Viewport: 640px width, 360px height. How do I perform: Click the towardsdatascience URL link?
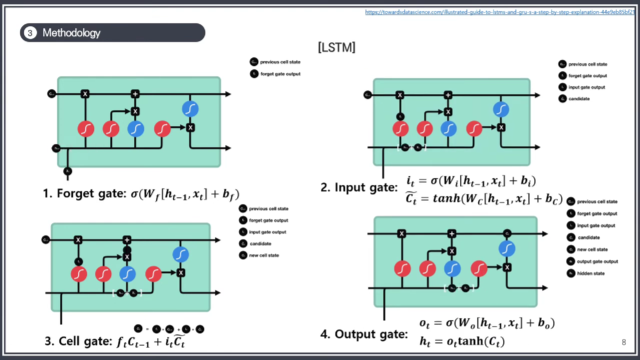pos(499,12)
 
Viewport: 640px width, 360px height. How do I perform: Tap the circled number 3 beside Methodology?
pos(30,33)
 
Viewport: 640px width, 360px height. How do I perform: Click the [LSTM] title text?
pos(337,47)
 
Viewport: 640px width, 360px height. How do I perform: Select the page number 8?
pos(624,342)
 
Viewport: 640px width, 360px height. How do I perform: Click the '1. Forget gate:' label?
pos(85,194)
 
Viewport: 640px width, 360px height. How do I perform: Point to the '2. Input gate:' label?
pos(359,188)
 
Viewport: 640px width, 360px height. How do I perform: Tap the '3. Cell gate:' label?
pos(79,341)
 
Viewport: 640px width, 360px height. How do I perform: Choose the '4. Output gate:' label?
pos(364,334)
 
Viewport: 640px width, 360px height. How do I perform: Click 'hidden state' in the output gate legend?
pos(591,274)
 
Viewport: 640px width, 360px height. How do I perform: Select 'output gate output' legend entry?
pos(597,262)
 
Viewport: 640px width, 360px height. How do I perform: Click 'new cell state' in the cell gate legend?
pos(264,256)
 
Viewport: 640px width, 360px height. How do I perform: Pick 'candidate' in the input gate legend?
pos(579,99)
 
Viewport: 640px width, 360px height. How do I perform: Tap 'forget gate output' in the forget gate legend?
pos(280,74)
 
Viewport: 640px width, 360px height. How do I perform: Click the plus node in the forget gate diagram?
pos(135,94)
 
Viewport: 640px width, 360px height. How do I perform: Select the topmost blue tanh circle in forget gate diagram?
pos(190,109)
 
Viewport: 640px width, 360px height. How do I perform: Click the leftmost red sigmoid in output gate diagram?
pos(403,269)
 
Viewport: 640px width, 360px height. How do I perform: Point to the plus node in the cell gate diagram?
pos(127,240)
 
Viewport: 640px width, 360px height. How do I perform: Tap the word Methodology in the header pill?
pos(71,33)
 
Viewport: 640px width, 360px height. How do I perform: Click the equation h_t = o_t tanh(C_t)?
pos(462,341)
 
